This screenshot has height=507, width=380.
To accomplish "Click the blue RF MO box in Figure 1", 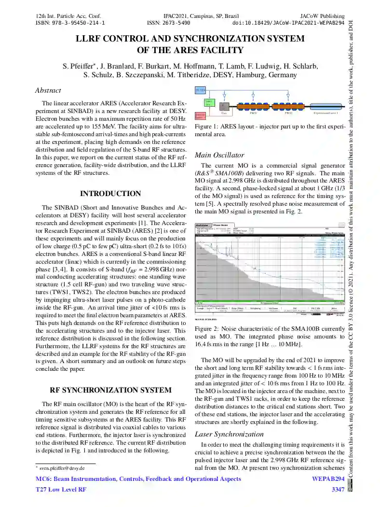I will pyautogui.click(x=200, y=90).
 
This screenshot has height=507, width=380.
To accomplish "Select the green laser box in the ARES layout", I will pyautogui.click(x=202, y=102).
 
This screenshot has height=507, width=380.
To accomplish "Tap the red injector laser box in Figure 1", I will pyautogui.click(x=200, y=115).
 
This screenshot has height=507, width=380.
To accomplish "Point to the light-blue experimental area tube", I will pyautogui.click(x=326, y=107).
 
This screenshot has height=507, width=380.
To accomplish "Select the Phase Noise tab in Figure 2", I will pyautogui.click(x=221, y=225).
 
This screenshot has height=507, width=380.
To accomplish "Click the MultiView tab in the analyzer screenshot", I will pyautogui.click(x=203, y=225).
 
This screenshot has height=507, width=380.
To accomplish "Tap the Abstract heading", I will pyautogui.click(x=48, y=90).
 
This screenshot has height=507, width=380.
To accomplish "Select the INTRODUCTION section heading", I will pyautogui.click(x=110, y=194).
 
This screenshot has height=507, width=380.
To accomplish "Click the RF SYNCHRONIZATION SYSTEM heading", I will pyautogui.click(x=110, y=390).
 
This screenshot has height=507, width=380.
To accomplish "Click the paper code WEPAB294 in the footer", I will pyautogui.click(x=328, y=479).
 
